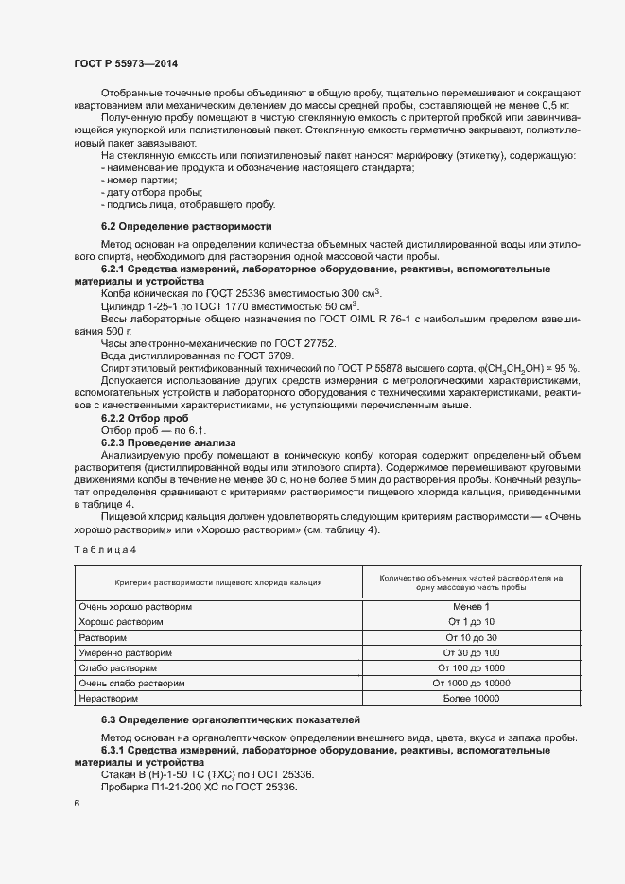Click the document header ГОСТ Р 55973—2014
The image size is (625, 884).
pyautogui.click(x=125, y=63)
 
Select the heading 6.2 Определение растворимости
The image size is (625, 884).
pyautogui.click(x=186, y=227)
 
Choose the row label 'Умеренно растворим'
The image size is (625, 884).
pyautogui.click(x=128, y=652)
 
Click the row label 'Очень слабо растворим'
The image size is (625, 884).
pyautogui.click(x=132, y=683)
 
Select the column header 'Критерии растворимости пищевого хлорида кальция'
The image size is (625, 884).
pyautogui.click(x=218, y=582)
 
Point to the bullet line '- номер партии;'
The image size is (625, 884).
pyautogui.click(x=139, y=180)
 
